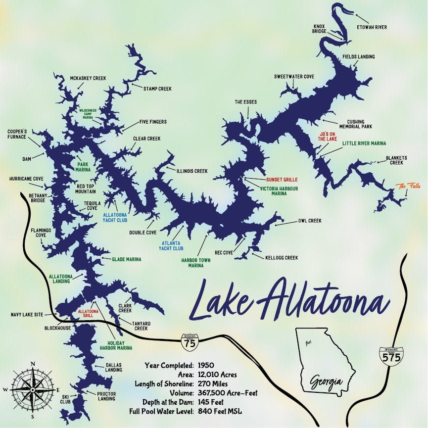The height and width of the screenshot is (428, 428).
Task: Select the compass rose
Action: [x=33, y=389]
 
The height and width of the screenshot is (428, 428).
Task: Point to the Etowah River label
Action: [x=372, y=27]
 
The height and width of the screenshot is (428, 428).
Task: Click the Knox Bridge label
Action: [x=319, y=29]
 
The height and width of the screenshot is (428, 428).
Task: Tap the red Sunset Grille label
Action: [x=282, y=180]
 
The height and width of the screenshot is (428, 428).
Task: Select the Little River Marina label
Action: [x=364, y=143]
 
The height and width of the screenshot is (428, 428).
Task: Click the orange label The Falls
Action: [x=407, y=186]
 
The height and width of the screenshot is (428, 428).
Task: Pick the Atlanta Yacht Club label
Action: [x=173, y=246]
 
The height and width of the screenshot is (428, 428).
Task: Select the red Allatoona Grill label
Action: [x=89, y=314]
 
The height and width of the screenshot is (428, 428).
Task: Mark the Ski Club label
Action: [x=65, y=399]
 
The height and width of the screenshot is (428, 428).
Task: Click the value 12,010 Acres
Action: [x=217, y=375]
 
